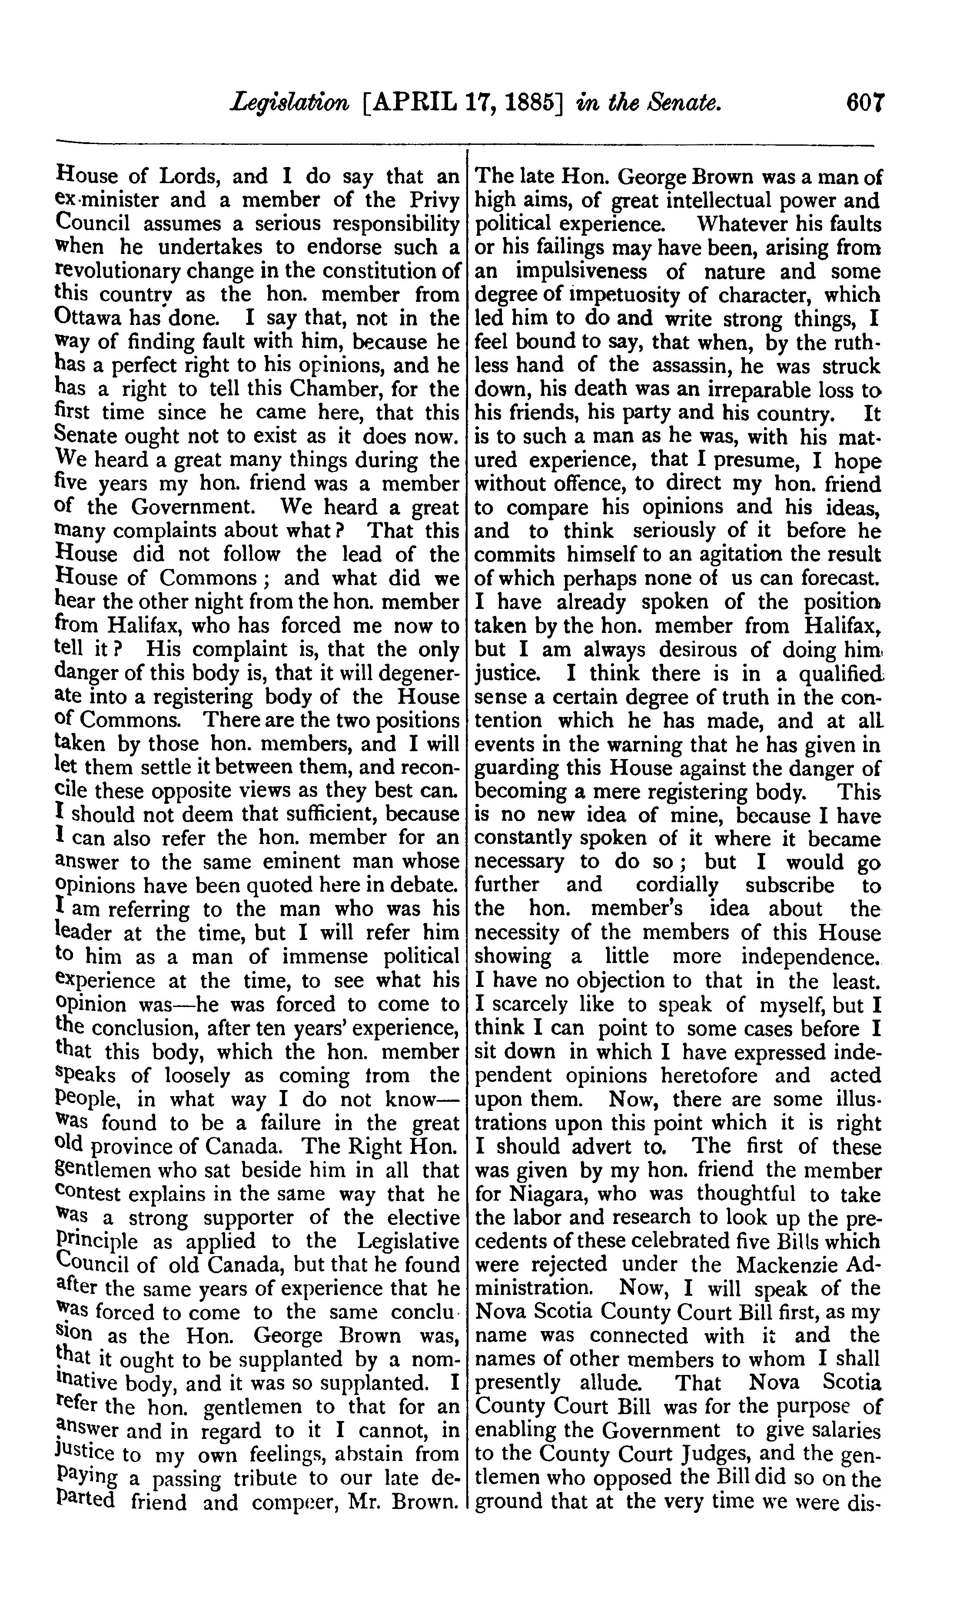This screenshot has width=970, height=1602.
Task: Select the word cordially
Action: click(x=677, y=886)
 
